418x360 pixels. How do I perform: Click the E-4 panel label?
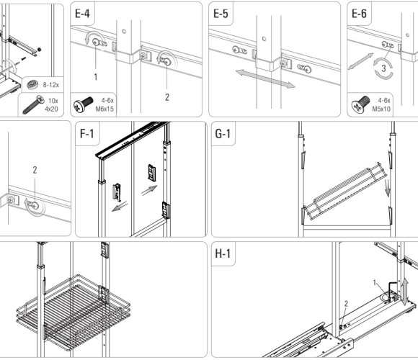82,14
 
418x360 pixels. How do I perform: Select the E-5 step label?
221,14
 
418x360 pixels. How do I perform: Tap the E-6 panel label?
359,14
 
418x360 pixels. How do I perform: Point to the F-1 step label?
87,133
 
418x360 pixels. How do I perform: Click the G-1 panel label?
223,133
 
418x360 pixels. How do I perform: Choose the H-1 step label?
223,253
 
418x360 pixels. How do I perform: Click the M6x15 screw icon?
83,104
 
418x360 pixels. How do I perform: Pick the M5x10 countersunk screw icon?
360,104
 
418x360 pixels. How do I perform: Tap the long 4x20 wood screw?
34,104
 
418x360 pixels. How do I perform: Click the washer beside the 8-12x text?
32,85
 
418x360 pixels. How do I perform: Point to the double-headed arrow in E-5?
265,78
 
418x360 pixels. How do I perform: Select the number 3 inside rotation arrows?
383,68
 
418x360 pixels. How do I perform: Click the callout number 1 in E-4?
96,77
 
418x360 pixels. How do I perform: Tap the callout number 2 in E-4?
167,97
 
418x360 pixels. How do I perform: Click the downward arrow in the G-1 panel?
387,188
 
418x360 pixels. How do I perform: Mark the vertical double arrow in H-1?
405,292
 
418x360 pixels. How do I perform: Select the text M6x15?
104,109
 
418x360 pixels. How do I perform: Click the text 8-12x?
51,85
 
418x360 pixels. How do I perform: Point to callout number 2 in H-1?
346,304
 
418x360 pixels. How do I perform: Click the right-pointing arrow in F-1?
149,190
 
